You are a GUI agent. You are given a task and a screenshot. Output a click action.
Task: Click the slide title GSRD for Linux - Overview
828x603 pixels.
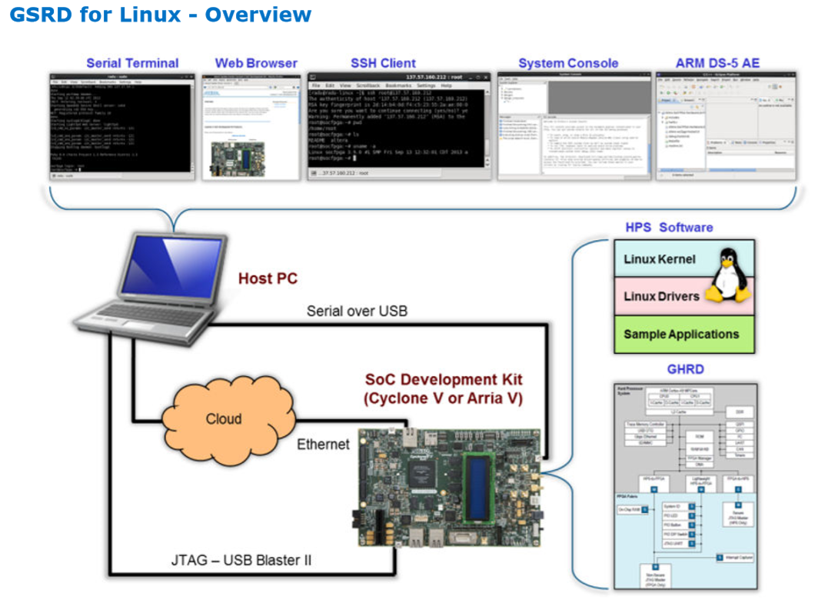click(160, 15)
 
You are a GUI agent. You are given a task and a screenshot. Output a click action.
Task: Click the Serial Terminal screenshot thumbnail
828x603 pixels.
click(121, 127)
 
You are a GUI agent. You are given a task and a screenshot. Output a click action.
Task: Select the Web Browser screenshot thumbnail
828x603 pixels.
click(251, 127)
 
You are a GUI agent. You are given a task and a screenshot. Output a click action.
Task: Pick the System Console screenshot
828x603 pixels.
click(569, 127)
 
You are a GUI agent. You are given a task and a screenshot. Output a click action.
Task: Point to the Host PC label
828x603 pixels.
click(267, 278)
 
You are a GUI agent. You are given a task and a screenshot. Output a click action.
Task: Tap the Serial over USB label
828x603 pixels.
click(357, 311)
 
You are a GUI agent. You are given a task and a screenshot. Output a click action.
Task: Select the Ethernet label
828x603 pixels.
click(323, 445)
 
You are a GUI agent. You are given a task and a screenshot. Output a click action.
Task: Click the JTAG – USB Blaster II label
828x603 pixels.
click(241, 560)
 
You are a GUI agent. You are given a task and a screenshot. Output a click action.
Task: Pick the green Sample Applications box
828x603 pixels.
click(681, 334)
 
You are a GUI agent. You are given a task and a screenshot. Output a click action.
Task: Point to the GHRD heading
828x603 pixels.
click(684, 369)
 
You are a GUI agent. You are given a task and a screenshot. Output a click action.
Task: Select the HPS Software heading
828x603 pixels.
click(668, 228)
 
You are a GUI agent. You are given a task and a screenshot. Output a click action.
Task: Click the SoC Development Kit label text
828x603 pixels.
click(444, 389)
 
